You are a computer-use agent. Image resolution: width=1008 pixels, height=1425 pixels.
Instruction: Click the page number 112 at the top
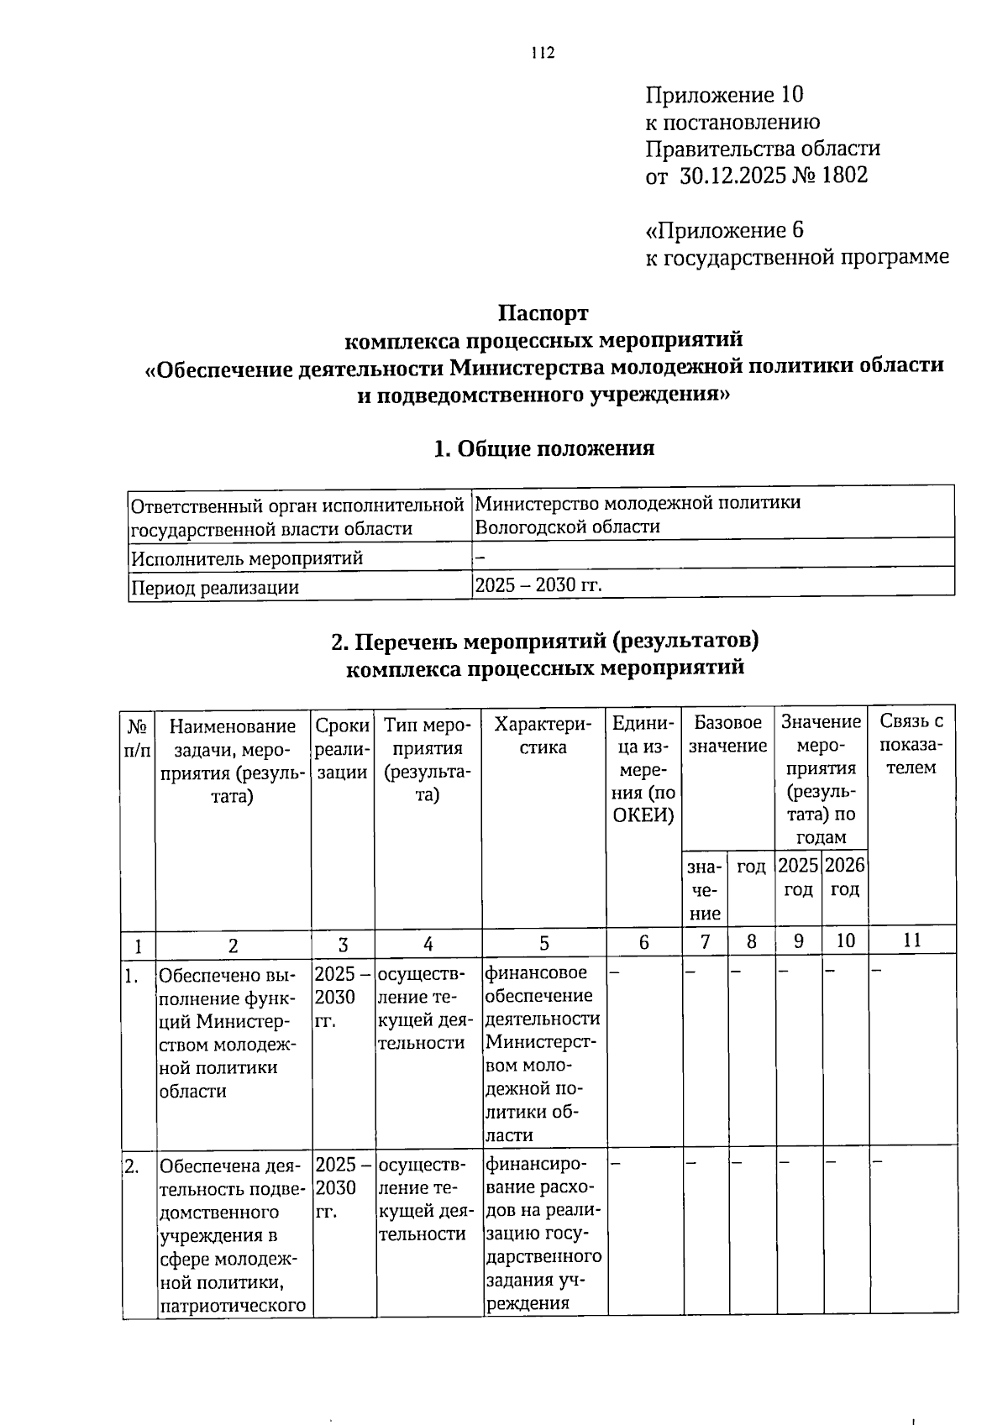(543, 54)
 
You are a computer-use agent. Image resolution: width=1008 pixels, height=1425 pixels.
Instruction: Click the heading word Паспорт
(543, 313)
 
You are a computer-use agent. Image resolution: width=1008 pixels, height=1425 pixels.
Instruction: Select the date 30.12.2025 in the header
(731, 176)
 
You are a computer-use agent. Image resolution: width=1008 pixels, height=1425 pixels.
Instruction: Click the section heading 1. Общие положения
(543, 448)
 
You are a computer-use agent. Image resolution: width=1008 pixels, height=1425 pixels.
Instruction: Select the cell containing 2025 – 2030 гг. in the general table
(538, 584)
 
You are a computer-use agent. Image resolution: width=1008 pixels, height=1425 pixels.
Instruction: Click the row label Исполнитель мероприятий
(247, 558)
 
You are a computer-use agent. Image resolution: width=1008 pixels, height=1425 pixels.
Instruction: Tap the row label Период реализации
(215, 587)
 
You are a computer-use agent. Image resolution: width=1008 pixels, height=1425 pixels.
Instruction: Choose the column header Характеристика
(543, 735)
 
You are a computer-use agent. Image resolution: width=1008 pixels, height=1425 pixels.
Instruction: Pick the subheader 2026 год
(845, 878)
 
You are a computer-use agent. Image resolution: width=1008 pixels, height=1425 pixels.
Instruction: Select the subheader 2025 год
(798, 878)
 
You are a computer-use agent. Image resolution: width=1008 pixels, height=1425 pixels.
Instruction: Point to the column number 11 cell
(912, 940)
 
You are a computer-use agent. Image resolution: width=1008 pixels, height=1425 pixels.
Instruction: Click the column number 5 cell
(544, 943)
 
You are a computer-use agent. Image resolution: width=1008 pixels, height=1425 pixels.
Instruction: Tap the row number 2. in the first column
(133, 1166)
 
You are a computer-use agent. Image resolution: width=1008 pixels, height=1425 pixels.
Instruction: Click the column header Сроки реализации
(342, 748)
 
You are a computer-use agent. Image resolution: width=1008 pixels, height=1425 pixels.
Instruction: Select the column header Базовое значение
(727, 734)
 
